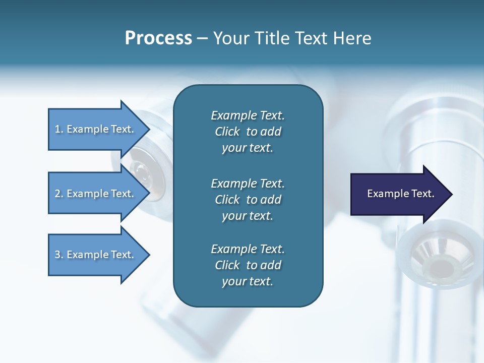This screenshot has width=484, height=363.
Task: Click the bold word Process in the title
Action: click(158, 38)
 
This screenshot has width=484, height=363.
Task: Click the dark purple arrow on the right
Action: click(398, 194)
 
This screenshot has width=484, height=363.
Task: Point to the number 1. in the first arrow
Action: click(58, 129)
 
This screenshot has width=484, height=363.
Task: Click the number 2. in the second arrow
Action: click(58, 194)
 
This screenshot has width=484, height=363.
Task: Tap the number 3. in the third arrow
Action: click(58, 255)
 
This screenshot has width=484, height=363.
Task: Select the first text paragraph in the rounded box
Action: click(248, 132)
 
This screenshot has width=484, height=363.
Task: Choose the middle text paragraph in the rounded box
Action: click(248, 200)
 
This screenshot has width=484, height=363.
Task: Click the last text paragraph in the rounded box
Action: click(248, 265)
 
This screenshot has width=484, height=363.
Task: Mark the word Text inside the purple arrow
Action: click(422, 194)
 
